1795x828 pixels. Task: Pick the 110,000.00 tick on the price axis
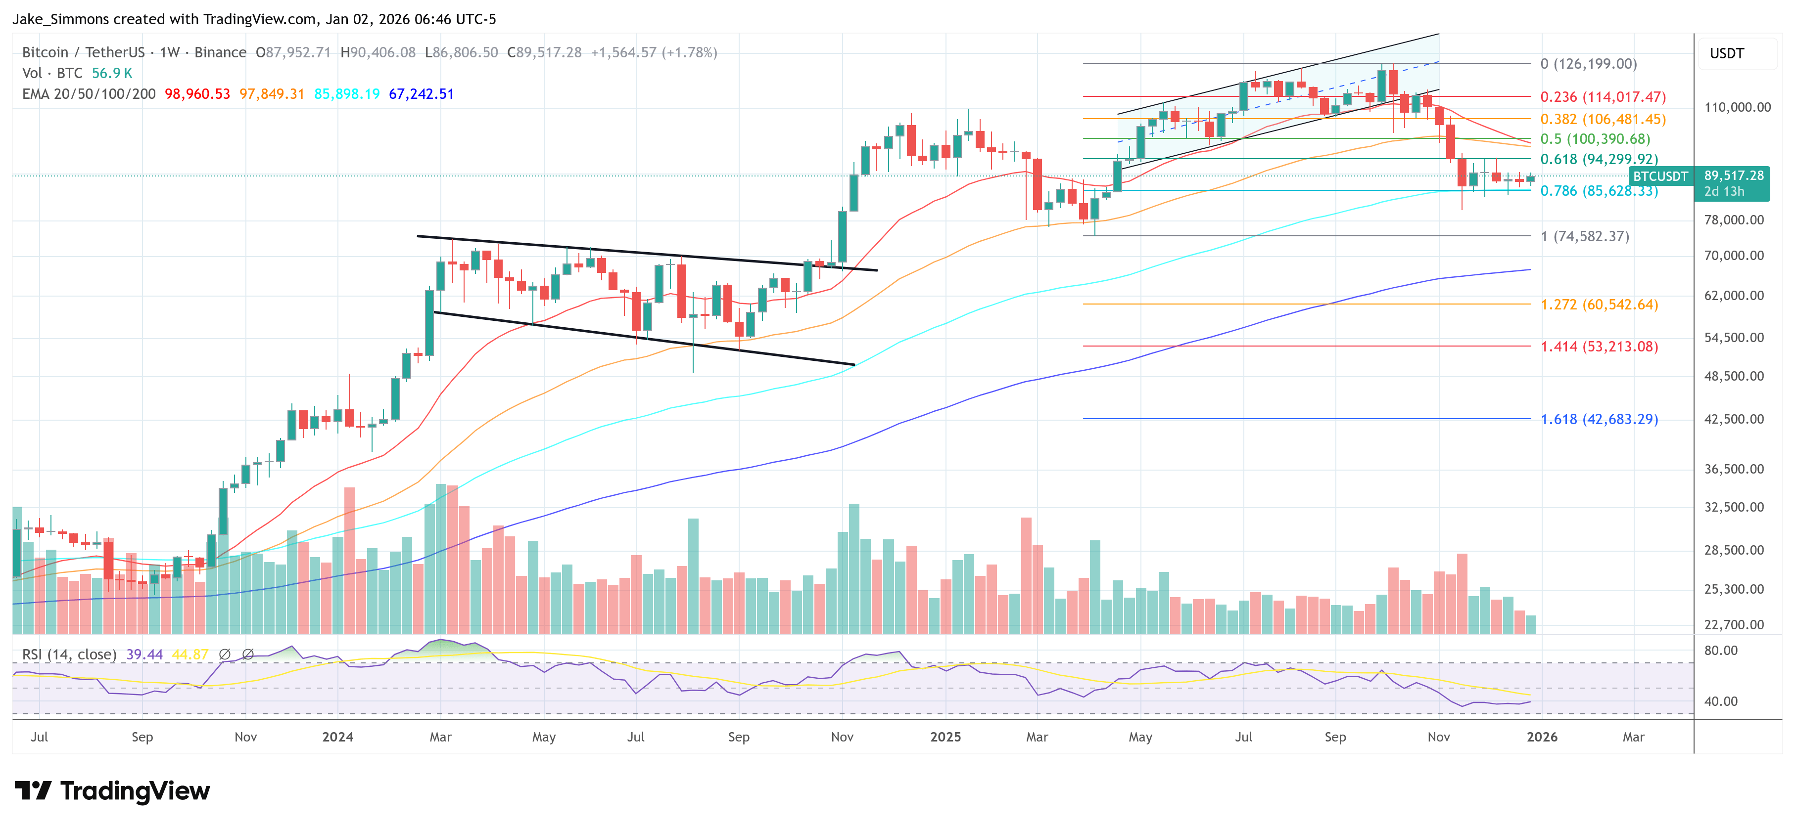[x=1737, y=107]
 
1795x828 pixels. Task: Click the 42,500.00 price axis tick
[x=1734, y=419]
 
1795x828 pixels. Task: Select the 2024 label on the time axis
[x=337, y=737]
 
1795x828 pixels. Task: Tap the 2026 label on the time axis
[x=1541, y=737]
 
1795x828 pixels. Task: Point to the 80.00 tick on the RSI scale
[x=1720, y=651]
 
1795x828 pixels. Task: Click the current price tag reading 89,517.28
[x=1734, y=175]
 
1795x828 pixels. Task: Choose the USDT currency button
[x=1727, y=53]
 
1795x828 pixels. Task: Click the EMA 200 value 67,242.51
[x=421, y=94]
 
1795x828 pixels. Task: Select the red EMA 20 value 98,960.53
[x=197, y=94]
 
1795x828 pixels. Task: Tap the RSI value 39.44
[x=144, y=654]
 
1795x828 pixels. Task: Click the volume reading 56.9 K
[x=111, y=73]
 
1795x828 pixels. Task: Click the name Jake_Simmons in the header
[x=60, y=19]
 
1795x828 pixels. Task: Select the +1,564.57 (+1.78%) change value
[x=654, y=52]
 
